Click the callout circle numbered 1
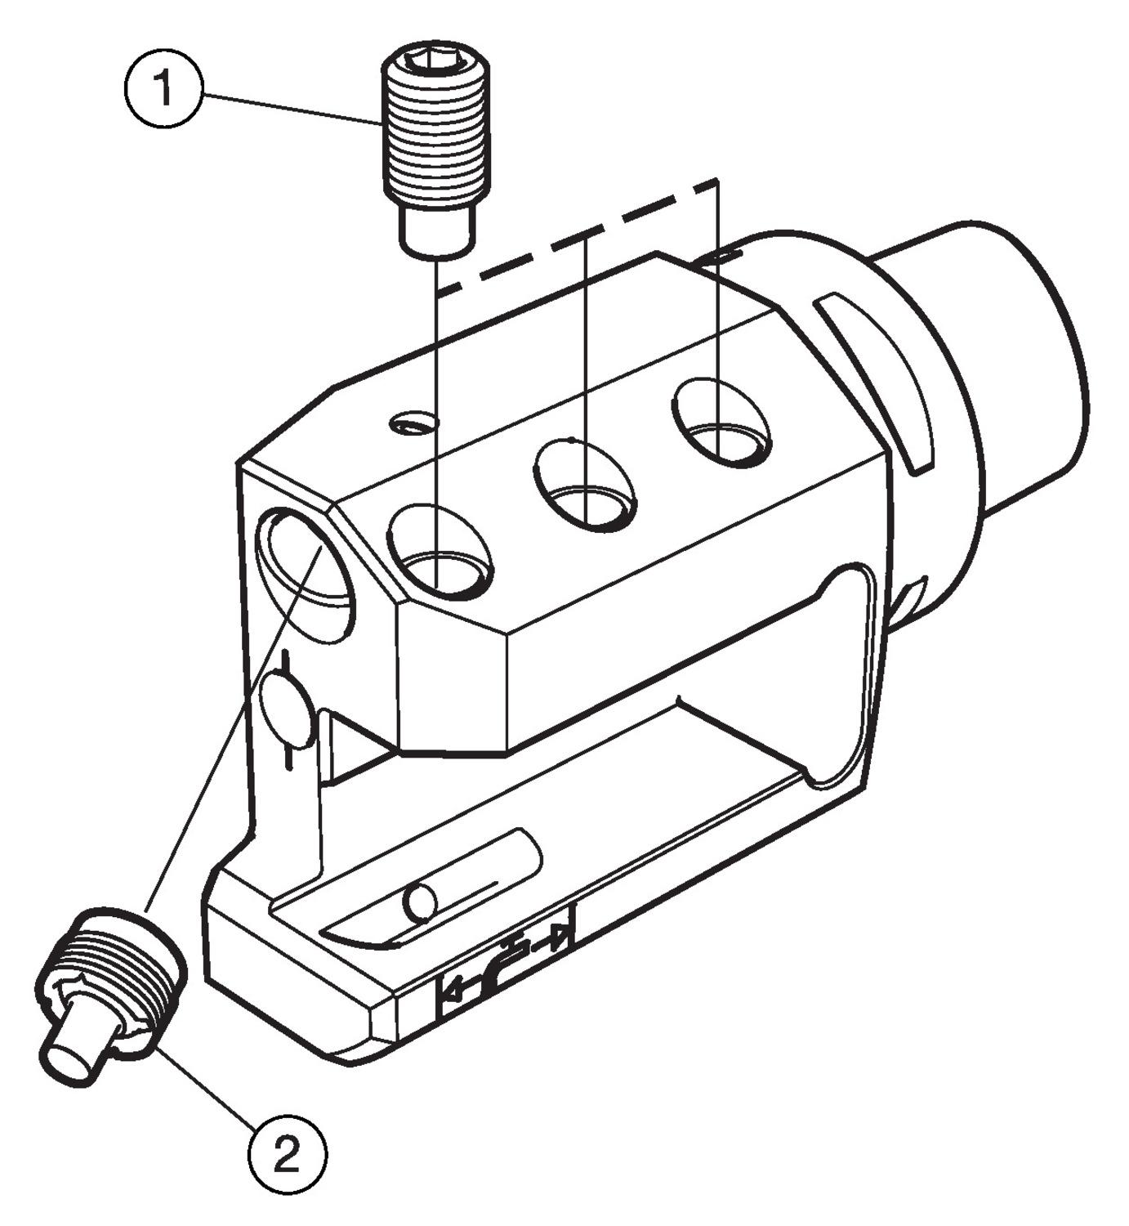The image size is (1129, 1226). point(163,89)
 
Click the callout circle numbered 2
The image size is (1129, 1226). point(287,1155)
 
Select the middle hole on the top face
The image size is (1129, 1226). point(586,485)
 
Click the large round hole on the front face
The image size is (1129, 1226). point(305,575)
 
